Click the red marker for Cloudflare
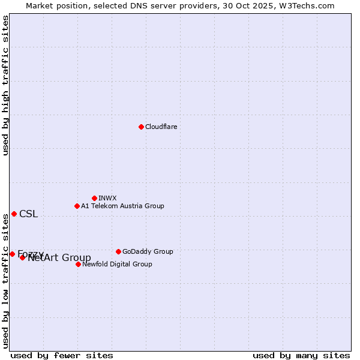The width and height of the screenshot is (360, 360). click(x=141, y=127)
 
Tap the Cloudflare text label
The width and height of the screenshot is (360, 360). click(x=161, y=127)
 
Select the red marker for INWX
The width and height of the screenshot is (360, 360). click(x=94, y=198)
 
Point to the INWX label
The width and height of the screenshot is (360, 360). click(x=107, y=198)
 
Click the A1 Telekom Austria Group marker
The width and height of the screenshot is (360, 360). click(x=77, y=206)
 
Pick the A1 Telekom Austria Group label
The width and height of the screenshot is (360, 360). click(x=122, y=206)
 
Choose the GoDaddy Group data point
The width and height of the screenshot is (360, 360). click(x=118, y=251)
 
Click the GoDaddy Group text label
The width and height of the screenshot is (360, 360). click(x=147, y=251)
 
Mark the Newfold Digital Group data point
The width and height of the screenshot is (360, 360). click(x=78, y=264)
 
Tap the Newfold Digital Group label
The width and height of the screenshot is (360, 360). click(x=117, y=264)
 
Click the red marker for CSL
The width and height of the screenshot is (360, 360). click(x=14, y=214)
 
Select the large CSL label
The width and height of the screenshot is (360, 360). click(x=28, y=214)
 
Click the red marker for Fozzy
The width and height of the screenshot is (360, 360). click(x=12, y=254)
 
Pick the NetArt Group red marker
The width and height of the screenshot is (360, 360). click(x=23, y=257)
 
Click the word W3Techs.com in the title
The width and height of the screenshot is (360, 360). click(x=310, y=5)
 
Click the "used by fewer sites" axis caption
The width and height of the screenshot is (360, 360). click(x=62, y=355)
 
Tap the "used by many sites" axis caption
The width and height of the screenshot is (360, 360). click(x=301, y=355)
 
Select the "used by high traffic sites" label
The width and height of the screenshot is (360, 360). click(x=5, y=85)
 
